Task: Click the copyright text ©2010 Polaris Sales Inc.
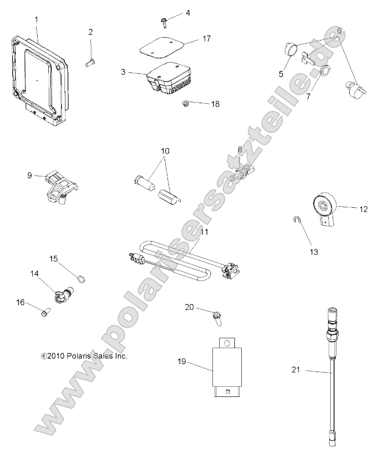point(84,356)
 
